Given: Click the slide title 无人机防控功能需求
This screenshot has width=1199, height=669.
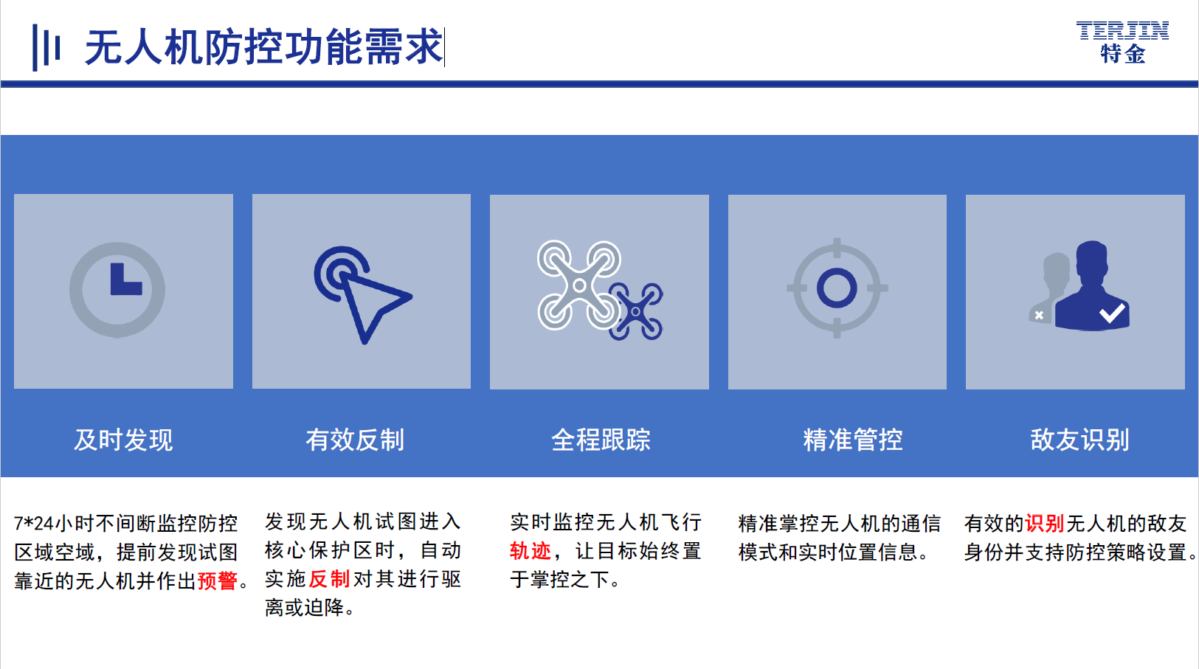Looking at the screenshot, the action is pos(263,47).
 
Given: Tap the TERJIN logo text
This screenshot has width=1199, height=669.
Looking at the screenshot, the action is pos(1122,30).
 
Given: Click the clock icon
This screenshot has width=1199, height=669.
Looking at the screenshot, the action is pos(117,290).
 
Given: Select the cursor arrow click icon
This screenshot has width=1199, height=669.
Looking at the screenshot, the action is pos(363,294).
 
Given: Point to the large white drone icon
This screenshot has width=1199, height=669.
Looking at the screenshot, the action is pos(579,285).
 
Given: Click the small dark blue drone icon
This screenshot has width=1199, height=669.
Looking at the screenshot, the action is pos(636,311).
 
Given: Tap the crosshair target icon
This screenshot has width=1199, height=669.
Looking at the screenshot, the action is pos(837,288).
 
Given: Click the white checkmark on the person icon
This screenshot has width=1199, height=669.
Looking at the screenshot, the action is pos(1112,313).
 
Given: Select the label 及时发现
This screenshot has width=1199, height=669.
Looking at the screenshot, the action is pos(123,440).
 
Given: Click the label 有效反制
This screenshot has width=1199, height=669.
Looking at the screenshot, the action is pos(355,440).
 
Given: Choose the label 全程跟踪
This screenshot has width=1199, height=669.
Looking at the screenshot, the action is pos(601,440).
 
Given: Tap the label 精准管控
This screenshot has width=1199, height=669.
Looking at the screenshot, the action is pos(853,440).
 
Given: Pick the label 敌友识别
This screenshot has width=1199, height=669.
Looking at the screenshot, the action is pos(1079,440).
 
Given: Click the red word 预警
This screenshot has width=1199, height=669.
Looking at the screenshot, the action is pos(218,580).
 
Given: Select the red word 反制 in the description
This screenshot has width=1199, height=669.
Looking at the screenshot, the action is pos(329,579).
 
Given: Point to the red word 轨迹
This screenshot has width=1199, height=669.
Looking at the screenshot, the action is pos(530,551).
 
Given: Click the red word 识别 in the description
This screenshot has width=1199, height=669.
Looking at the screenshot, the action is pos(1044,524).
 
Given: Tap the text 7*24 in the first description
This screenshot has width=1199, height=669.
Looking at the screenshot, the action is pos(34,524).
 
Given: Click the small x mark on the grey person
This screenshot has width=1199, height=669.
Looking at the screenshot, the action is pos(1039,315).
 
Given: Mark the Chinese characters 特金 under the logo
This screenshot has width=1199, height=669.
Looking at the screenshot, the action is pos(1123,54).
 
